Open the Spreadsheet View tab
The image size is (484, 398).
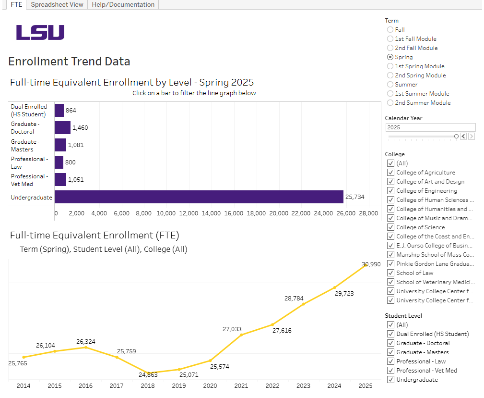57,4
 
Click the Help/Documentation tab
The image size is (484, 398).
123,4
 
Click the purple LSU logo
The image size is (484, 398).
40,33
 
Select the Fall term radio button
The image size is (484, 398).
390,30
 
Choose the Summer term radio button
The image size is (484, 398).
390,85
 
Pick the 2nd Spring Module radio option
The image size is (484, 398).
390,75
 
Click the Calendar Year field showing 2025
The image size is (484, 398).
430,127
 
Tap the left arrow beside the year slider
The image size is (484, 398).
463,137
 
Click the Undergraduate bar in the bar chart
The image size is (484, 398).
199,197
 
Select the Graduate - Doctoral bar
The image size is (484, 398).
62,128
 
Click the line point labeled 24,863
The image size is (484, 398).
148,373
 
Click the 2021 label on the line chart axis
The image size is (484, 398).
241,386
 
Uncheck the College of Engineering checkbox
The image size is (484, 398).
390,191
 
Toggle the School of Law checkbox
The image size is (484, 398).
390,273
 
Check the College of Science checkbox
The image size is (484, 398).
390,227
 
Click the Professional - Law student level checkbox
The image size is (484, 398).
390,361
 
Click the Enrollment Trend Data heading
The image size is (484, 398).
69,62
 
